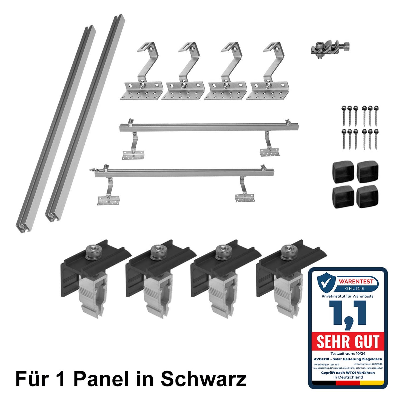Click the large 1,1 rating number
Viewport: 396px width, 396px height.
[347, 314]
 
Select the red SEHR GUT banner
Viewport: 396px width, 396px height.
[348, 341]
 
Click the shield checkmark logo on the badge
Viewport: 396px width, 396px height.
[326, 283]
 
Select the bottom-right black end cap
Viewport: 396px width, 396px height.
[367, 196]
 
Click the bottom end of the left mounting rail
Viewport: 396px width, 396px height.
[23, 227]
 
